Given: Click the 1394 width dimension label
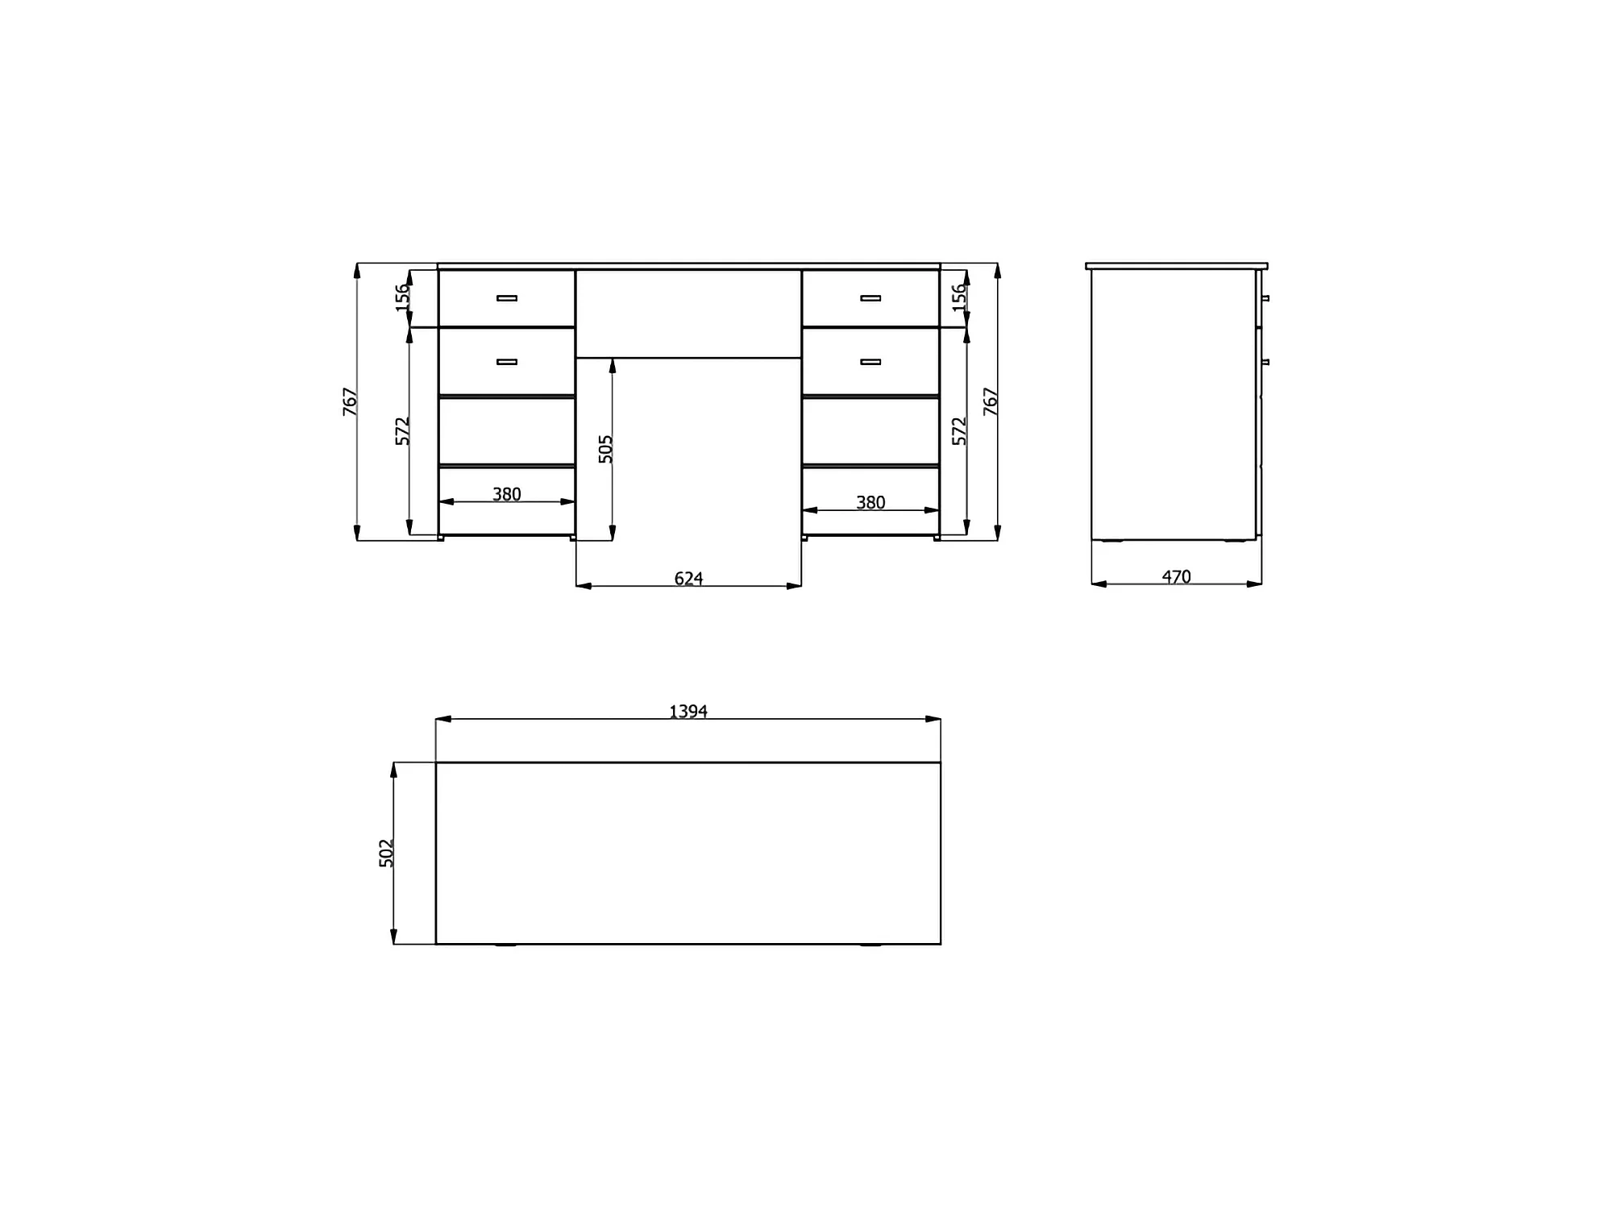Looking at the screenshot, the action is (x=688, y=711).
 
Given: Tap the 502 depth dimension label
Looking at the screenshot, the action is (x=387, y=853).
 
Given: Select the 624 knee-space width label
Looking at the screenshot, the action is (x=688, y=578).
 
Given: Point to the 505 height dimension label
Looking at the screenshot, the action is (x=606, y=449).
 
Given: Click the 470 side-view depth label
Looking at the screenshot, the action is (x=1176, y=576).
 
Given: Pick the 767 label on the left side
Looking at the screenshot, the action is (x=351, y=401).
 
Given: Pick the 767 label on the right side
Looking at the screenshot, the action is (x=991, y=401).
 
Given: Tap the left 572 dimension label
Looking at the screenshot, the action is (x=403, y=430).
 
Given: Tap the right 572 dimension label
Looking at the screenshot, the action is (x=959, y=430).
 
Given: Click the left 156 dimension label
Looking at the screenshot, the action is (x=403, y=297).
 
